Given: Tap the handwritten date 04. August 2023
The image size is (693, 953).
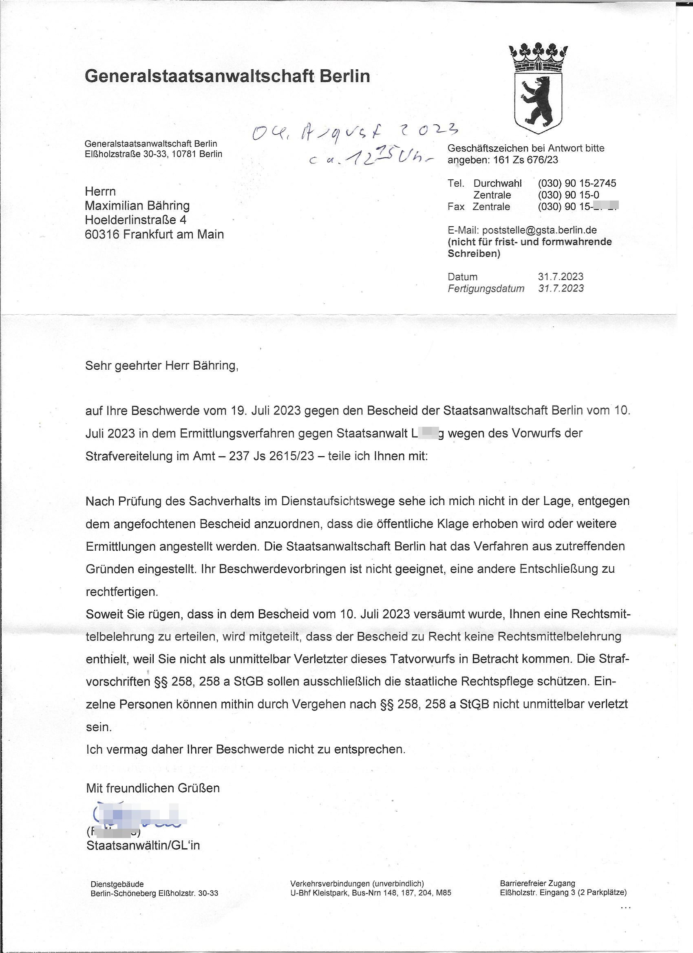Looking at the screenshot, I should pos(353,134).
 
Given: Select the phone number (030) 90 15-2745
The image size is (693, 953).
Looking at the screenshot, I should pos(576,183).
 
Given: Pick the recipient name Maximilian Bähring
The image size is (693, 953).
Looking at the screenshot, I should pos(137,205).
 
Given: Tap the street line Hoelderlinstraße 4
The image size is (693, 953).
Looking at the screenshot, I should pos(136,220).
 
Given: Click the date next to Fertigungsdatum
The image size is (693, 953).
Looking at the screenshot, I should pos(561,288).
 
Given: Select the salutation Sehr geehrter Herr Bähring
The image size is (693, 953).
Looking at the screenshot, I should pos(162,366).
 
